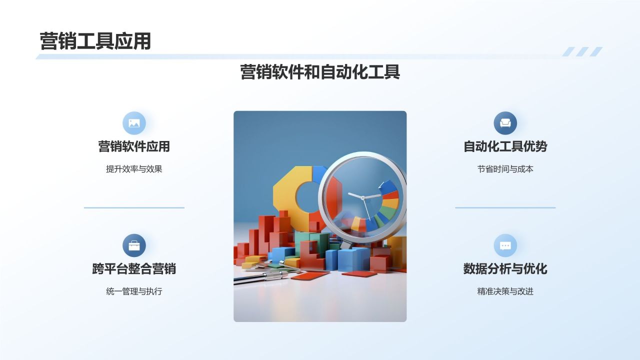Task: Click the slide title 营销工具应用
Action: tap(95, 41)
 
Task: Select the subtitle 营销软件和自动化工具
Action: tap(320, 72)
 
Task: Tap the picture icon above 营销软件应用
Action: tap(134, 123)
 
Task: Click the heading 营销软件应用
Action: tap(134, 146)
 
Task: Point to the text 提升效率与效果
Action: tap(134, 169)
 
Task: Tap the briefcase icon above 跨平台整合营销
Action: tap(134, 245)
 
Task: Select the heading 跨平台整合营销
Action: tap(134, 268)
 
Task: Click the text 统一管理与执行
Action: tap(134, 291)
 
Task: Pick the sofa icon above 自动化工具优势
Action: tap(505, 123)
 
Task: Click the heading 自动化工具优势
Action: tap(505, 146)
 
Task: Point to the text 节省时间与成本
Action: tap(505, 169)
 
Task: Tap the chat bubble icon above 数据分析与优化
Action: tap(505, 245)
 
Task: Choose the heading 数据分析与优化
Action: tap(505, 268)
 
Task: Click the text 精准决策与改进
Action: tap(505, 291)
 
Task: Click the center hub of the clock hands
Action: tap(362, 197)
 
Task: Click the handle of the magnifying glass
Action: tap(346, 244)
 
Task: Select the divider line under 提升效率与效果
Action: tap(134, 207)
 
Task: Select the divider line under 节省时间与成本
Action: tap(505, 207)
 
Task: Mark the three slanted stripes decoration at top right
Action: tap(582, 51)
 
